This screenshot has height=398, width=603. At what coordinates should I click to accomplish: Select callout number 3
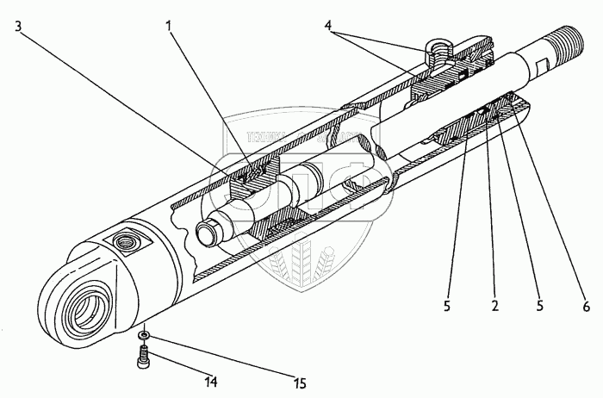pos(18,26)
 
